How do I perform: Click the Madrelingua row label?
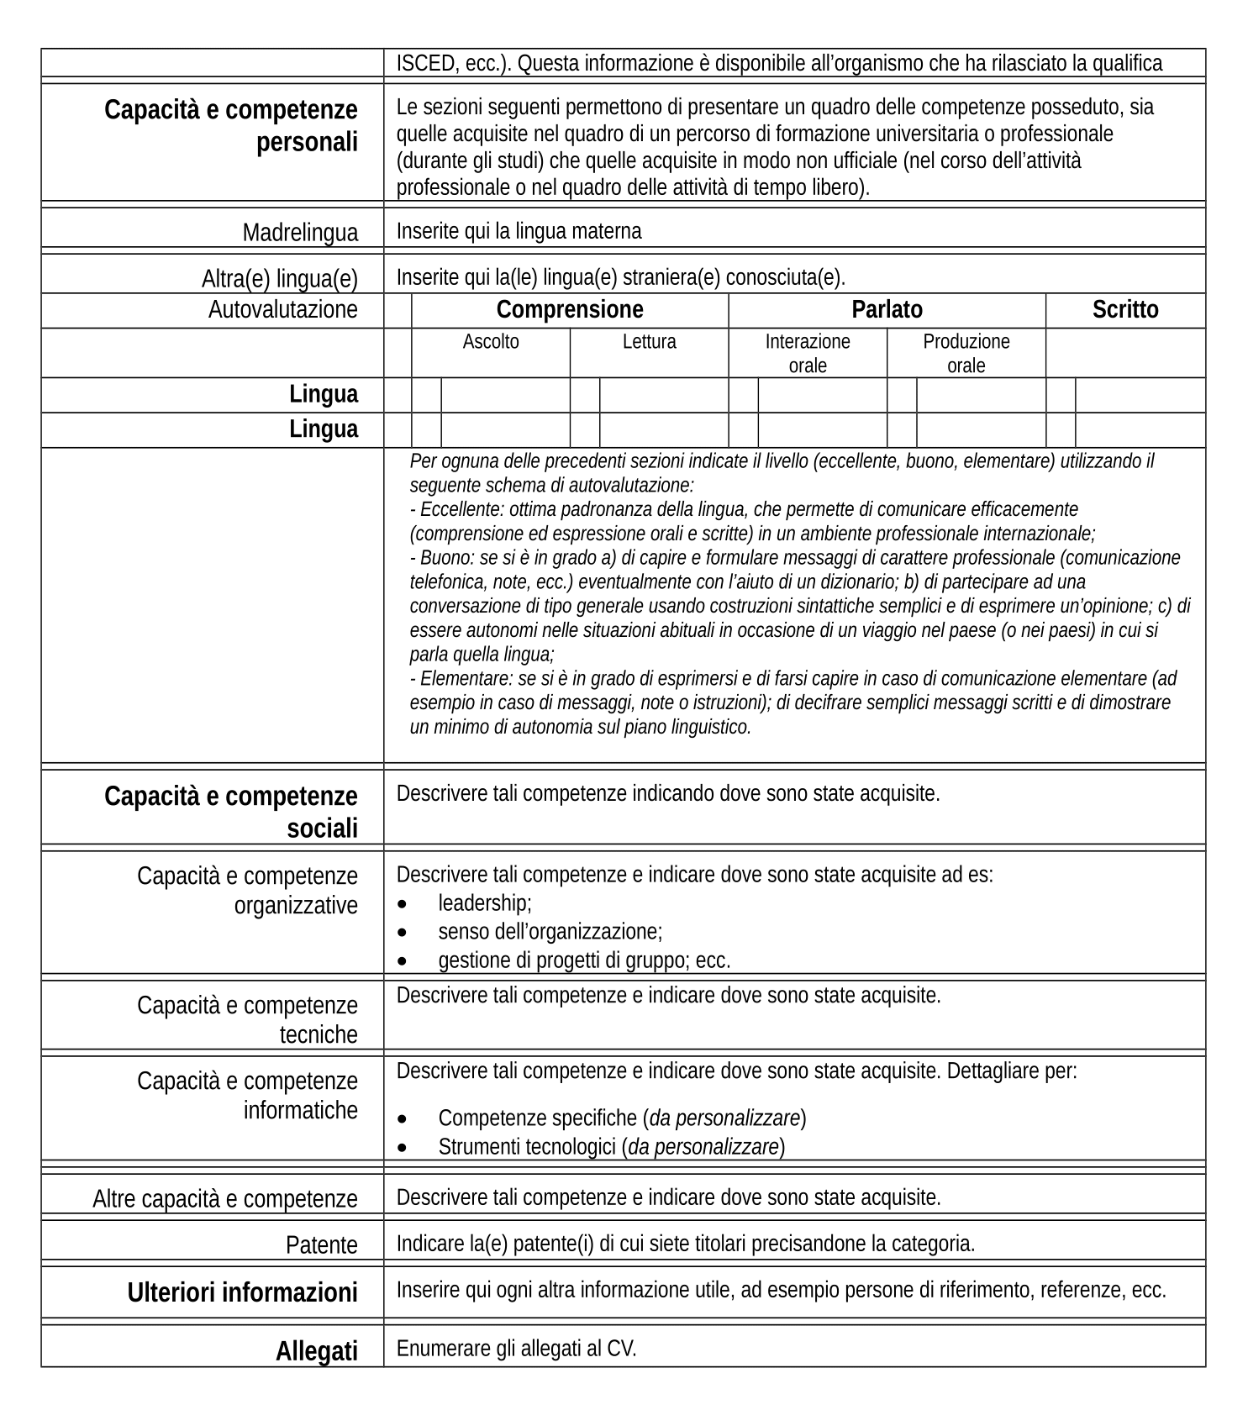coord(300,232)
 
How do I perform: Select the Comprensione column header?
coord(570,310)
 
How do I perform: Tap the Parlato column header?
coord(887,310)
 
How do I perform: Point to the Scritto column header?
coord(1124,310)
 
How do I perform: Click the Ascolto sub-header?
coord(491,342)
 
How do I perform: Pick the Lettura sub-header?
coord(649,342)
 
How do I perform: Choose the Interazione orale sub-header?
coord(807,353)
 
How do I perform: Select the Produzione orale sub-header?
coord(966,353)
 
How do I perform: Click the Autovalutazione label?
coord(282,310)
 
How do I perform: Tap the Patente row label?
coord(321,1244)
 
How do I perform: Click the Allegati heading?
coord(316,1351)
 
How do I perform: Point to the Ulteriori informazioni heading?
coord(242,1292)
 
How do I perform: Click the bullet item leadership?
coord(485,903)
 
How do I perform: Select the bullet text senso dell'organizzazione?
coord(550,931)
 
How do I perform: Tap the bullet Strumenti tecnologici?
coord(611,1147)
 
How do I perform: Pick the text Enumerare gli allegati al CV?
coord(516,1349)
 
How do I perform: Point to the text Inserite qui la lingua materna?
coord(519,231)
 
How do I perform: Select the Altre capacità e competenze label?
coord(224,1198)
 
